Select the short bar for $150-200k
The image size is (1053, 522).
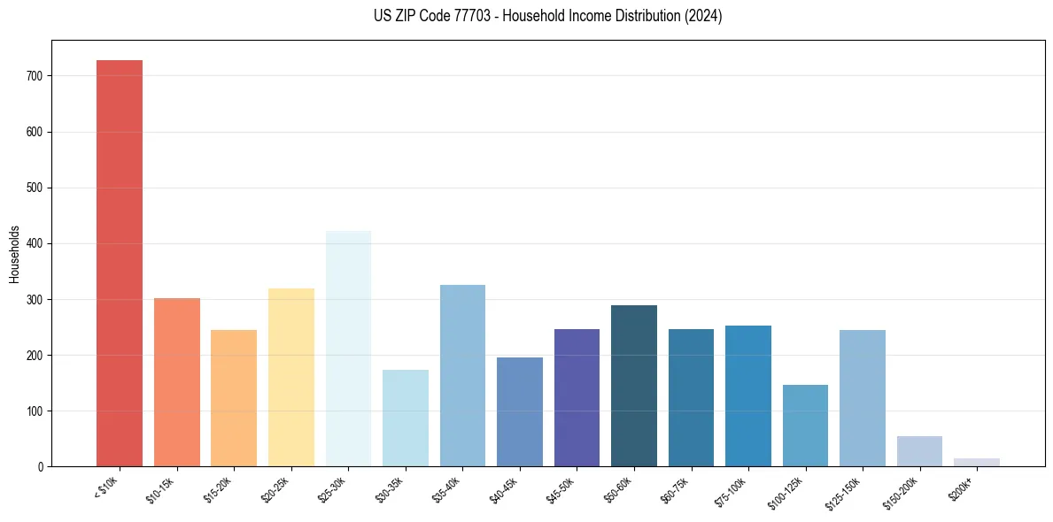pyautogui.click(x=919, y=451)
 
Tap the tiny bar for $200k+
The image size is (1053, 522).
pyautogui.click(x=977, y=462)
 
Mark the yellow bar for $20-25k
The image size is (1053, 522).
pyautogui.click(x=291, y=377)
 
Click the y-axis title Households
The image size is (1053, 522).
pyautogui.click(x=14, y=254)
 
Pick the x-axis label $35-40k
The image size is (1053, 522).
pyautogui.click(x=449, y=489)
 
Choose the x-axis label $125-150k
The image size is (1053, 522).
pyautogui.click(x=847, y=491)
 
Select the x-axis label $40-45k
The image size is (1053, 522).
pyautogui.click(x=506, y=489)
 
